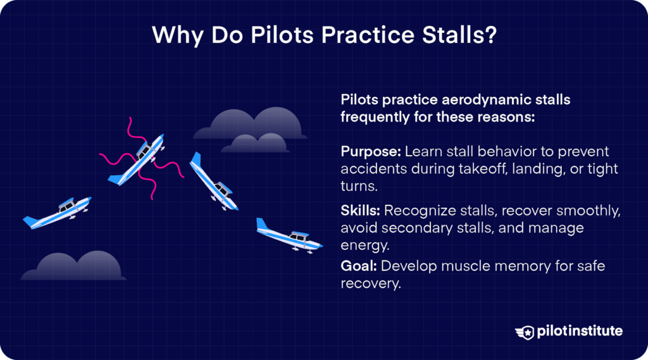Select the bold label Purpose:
pos(370,152)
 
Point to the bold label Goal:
pos(358,266)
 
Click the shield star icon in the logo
pos(525,332)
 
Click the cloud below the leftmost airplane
pos(73,266)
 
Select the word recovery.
pos(370,283)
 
